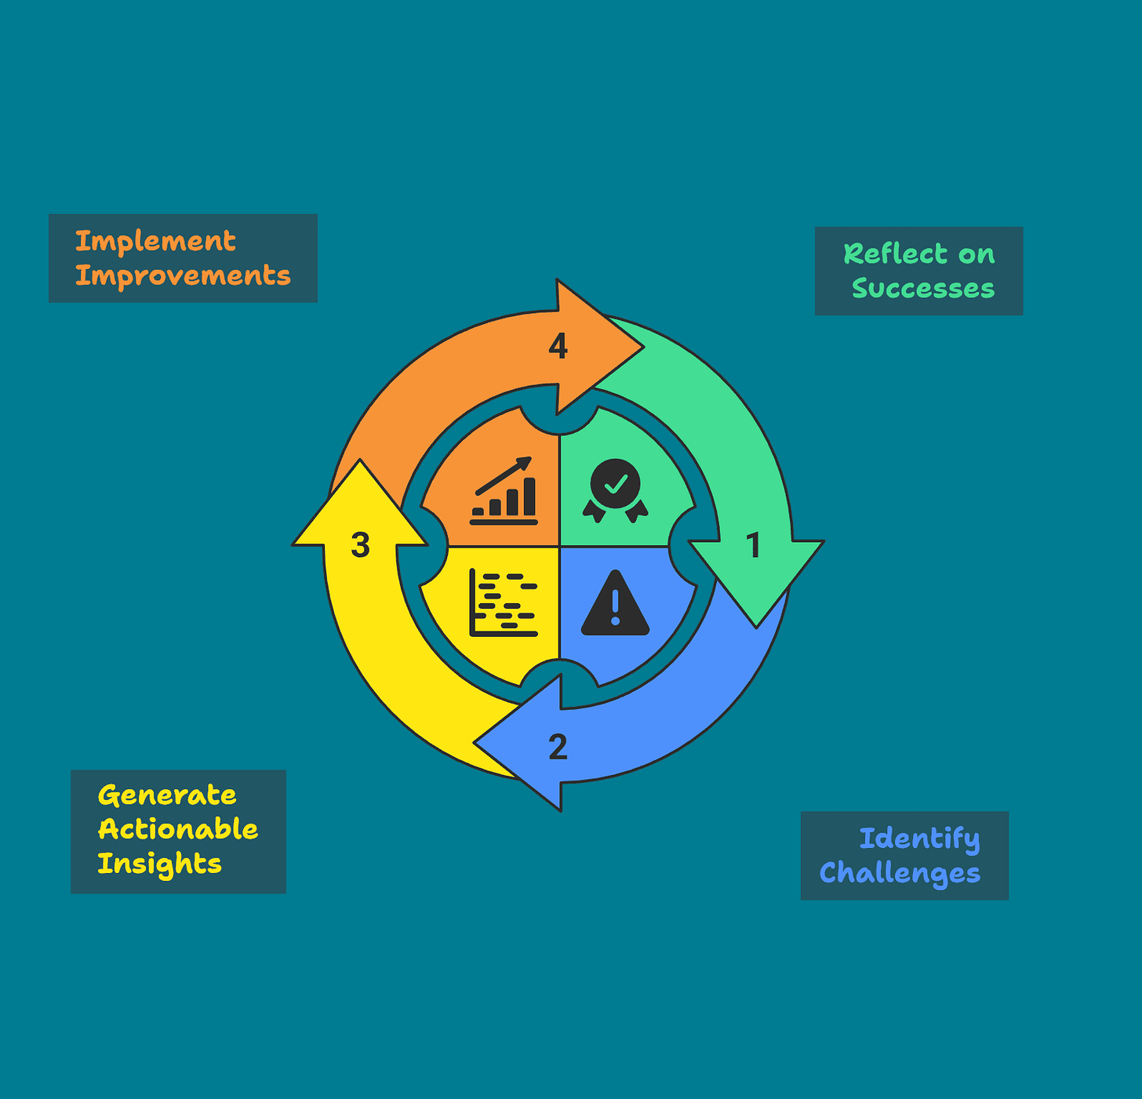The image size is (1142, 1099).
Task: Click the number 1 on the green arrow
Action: (x=754, y=545)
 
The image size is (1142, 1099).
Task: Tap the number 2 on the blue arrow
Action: (x=558, y=747)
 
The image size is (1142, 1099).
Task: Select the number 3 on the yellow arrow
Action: (x=360, y=545)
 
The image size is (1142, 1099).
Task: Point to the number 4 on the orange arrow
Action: (x=558, y=346)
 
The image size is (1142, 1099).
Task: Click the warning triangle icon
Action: (x=615, y=604)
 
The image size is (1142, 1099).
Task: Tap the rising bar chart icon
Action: (x=504, y=491)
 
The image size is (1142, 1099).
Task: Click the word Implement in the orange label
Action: (x=155, y=242)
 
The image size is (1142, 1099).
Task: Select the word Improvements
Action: (x=183, y=276)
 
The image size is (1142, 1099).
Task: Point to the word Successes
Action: (x=923, y=289)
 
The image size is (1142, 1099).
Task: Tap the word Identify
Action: (x=919, y=839)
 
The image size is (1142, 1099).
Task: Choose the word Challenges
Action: (x=900, y=873)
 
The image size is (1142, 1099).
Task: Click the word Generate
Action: (x=167, y=795)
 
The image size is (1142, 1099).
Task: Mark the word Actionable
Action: (x=178, y=829)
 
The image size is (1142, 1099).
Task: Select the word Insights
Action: (x=159, y=864)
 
